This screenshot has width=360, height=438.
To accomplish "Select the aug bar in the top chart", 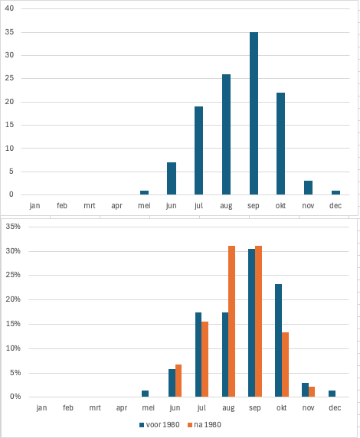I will pyautogui.click(x=226, y=134).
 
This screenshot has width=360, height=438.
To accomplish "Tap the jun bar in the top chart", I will pyautogui.click(x=172, y=178).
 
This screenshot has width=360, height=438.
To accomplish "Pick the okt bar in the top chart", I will pyautogui.click(x=280, y=144).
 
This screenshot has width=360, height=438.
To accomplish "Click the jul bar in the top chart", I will pyautogui.click(x=198, y=151).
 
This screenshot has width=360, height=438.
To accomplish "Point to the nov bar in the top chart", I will pyautogui.click(x=308, y=188).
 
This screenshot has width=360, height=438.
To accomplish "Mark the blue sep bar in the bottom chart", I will pyautogui.click(x=251, y=322).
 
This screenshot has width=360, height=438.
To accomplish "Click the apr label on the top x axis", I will pyautogui.click(x=116, y=206).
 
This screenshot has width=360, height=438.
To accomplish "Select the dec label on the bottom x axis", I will pyautogui.click(x=335, y=408).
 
